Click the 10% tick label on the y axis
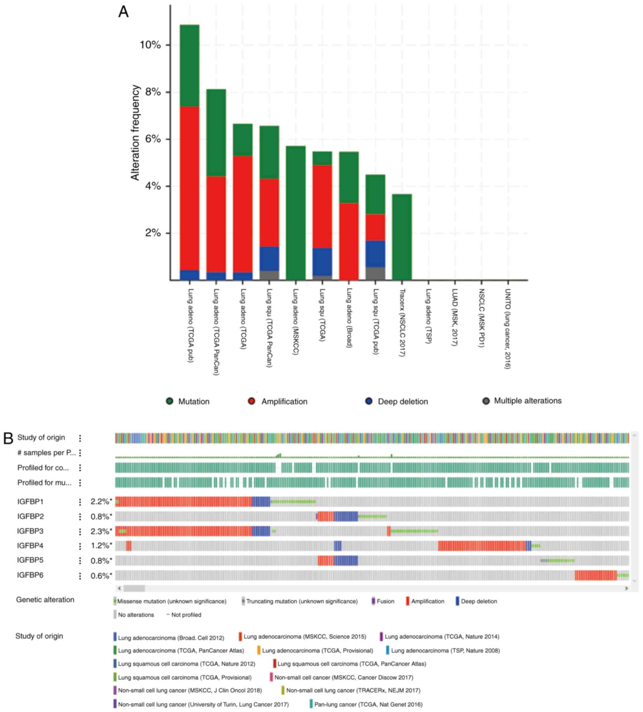coord(150,45)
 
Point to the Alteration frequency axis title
coord(135,133)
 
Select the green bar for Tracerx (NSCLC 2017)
coord(402,237)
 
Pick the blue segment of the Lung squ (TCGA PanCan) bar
coord(269,259)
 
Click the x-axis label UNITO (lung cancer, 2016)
coord(508,329)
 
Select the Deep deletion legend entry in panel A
coord(396,402)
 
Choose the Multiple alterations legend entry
coord(522,401)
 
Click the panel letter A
coord(123,12)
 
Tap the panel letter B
coord(8,438)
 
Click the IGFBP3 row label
coord(30,531)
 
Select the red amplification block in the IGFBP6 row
coord(595,575)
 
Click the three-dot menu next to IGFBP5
coord(80,560)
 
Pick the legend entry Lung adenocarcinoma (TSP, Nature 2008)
coord(445,650)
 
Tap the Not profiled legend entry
coord(184,615)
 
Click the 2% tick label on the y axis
coord(153,233)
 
